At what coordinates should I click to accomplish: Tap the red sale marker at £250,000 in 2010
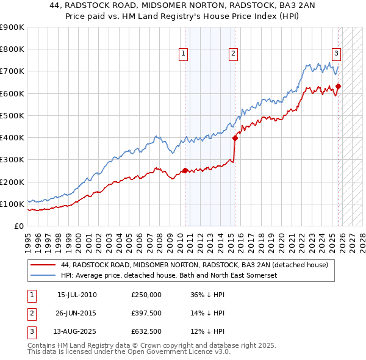click(185, 171)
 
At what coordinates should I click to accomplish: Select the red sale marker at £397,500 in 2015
click(235, 138)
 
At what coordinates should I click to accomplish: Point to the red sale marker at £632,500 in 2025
click(338, 86)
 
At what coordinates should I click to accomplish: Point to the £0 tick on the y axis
click(18, 226)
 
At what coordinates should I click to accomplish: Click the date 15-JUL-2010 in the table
click(77, 295)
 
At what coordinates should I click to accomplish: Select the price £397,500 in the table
click(146, 313)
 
